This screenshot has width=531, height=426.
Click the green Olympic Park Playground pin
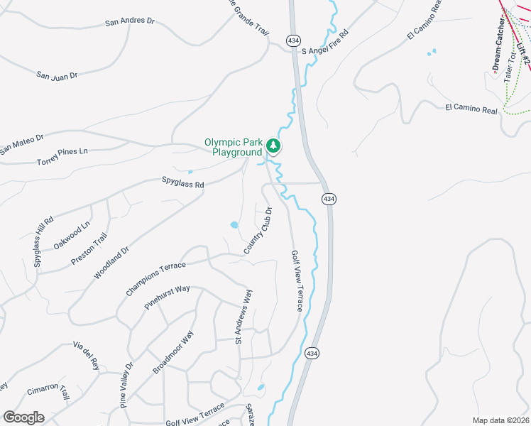pos(273,146)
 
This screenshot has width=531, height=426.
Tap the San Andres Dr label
pos(129,21)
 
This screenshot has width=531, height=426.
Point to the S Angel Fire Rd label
pos(325,43)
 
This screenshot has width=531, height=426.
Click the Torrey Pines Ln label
pos(62,157)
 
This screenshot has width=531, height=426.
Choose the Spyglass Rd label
pos(182,184)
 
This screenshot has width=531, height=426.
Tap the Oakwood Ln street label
pos(72,236)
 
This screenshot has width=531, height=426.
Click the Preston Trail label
pos(89,248)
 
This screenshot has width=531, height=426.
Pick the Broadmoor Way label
pos(173,351)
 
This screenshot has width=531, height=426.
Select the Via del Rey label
pos(85,354)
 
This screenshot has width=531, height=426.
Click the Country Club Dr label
pos(258,230)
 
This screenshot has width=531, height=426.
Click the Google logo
pos(23,417)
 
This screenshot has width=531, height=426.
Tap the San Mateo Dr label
pos(21,144)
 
